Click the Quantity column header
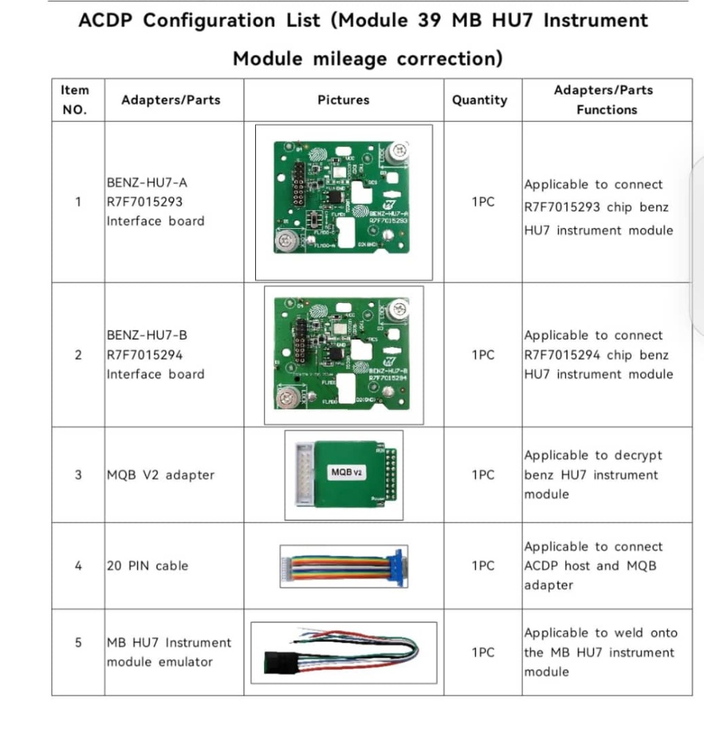pyautogui.click(x=480, y=100)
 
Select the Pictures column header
pyautogui.click(x=343, y=100)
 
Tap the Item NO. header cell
pyautogui.click(x=75, y=100)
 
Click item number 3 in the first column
pyautogui.click(x=78, y=475)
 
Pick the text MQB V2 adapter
pyautogui.click(x=161, y=475)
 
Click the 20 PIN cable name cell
pyautogui.click(x=147, y=566)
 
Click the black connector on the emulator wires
pyautogui.click(x=278, y=660)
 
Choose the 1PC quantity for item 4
pyautogui.click(x=483, y=566)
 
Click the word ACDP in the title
pyautogui.click(x=107, y=20)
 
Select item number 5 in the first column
pyautogui.click(x=78, y=643)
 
